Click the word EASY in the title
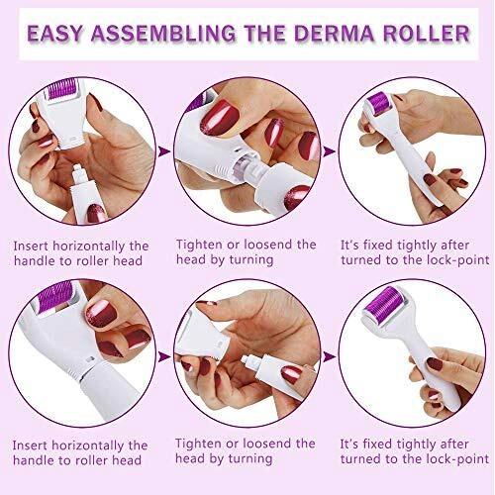54,34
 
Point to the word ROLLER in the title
427,34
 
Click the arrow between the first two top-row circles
164,151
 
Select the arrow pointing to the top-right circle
329,151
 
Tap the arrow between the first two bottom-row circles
164,356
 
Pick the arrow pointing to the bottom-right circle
329,356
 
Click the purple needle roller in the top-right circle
380,103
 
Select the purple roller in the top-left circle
62,88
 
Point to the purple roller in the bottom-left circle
52,296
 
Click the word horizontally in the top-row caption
88,247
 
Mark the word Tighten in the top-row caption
198,245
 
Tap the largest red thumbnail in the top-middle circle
220,117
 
